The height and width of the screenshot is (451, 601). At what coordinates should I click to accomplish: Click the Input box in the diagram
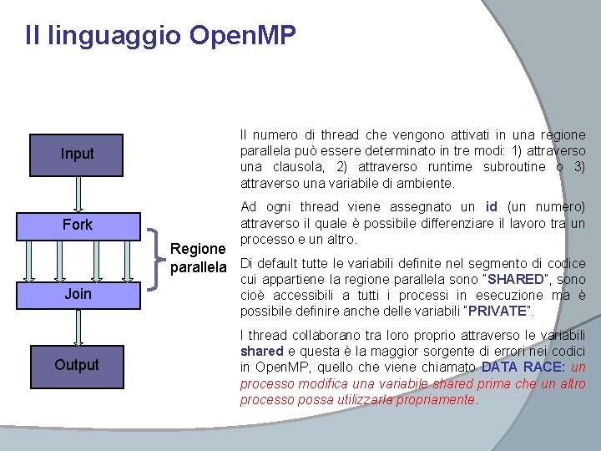click(77, 154)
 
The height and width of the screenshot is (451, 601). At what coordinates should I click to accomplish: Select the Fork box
click(77, 225)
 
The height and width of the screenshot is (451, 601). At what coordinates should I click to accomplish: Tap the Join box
click(77, 294)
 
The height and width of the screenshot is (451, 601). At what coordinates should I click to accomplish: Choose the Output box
click(77, 365)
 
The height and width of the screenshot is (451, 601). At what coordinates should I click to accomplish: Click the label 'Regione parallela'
click(198, 258)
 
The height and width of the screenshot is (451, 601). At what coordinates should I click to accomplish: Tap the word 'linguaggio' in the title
click(114, 36)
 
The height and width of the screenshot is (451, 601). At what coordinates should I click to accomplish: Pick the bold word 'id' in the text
click(492, 206)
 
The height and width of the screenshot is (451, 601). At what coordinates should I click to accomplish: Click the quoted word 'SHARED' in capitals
click(517, 279)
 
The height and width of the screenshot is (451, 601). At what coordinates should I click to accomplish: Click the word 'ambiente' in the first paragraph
click(427, 183)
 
